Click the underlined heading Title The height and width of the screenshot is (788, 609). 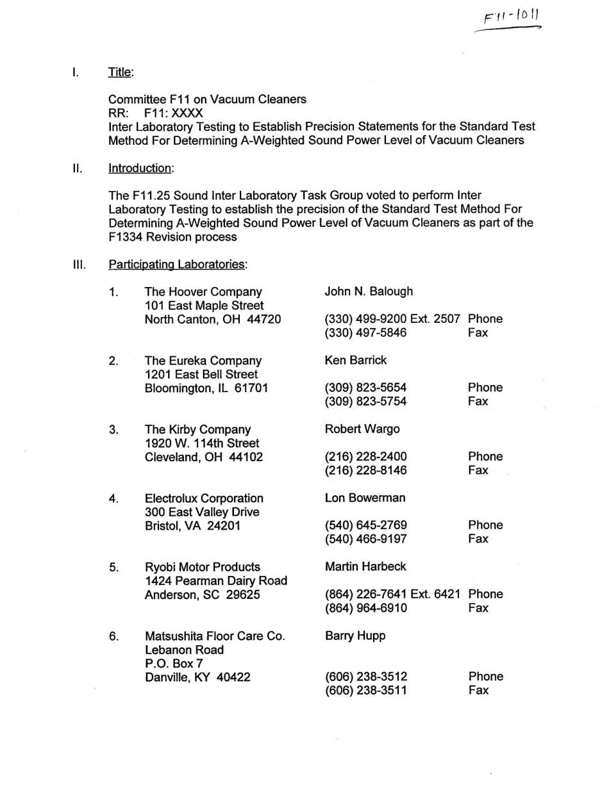pyautogui.click(x=121, y=73)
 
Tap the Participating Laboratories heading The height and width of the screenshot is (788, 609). pyautogui.click(x=178, y=264)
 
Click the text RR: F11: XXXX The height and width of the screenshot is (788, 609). pyautogui.click(x=147, y=113)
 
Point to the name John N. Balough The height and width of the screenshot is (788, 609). pyautogui.click(x=369, y=291)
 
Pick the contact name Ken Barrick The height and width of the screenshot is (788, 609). pyautogui.click(x=356, y=360)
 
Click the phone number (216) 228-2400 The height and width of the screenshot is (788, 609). pyautogui.click(x=365, y=457)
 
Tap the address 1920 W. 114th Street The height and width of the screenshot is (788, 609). pyautogui.click(x=202, y=443)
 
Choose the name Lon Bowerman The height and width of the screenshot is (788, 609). pyautogui.click(x=365, y=498)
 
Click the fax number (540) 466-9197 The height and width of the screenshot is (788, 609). pyautogui.click(x=365, y=539)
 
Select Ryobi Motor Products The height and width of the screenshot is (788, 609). pyautogui.click(x=203, y=567)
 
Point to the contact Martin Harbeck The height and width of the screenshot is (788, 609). pyautogui.click(x=365, y=567)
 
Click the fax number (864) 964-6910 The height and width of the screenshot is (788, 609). pyautogui.click(x=365, y=608)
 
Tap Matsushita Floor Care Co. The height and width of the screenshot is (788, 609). pyautogui.click(x=214, y=636)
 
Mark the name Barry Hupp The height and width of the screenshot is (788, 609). pyautogui.click(x=355, y=636)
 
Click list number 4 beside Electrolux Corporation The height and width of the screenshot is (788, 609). pyautogui.click(x=113, y=498)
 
